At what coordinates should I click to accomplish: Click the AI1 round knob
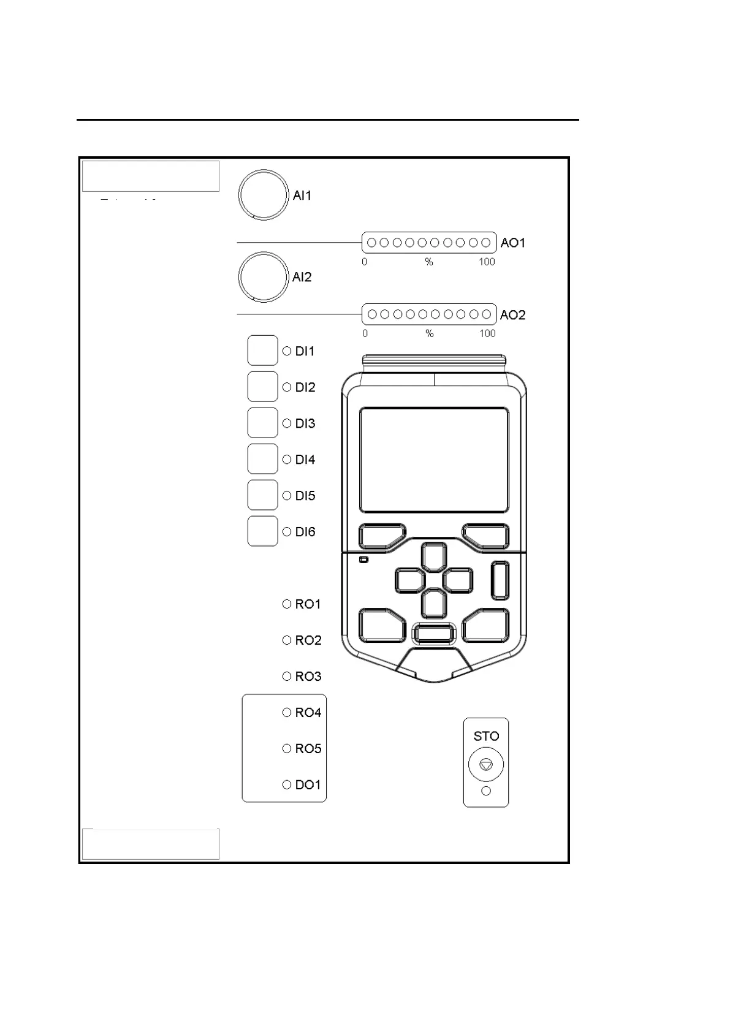click(x=263, y=195)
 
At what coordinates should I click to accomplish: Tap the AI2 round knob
click(x=263, y=277)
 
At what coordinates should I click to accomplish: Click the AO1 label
click(x=513, y=243)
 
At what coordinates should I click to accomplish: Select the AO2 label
click(x=513, y=315)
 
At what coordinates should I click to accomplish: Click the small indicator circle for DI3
click(x=287, y=423)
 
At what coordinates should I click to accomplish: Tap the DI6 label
click(x=305, y=532)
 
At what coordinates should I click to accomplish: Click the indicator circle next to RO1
click(x=287, y=604)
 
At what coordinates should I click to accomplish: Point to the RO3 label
click(x=308, y=677)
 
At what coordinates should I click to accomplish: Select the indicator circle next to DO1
click(x=287, y=785)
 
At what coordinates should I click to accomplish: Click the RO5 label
click(x=308, y=749)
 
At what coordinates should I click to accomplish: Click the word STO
click(x=486, y=736)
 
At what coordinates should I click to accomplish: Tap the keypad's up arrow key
click(x=434, y=558)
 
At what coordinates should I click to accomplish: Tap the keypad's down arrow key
click(x=434, y=603)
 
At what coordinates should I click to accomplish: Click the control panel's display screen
click(x=434, y=460)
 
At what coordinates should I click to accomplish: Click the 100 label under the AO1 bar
click(x=487, y=262)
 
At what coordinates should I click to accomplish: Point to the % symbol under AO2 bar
click(x=430, y=334)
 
